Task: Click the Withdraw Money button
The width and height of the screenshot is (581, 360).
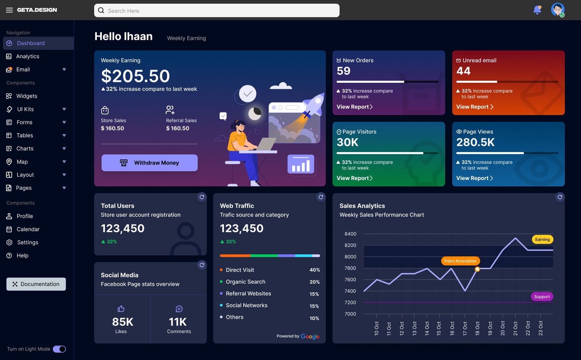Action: tap(149, 163)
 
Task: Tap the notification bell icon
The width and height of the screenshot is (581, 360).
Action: tap(537, 10)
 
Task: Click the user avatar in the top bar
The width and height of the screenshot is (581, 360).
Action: tap(558, 10)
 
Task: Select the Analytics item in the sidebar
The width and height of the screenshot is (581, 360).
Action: tap(27, 57)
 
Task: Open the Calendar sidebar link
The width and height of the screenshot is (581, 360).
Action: tap(28, 229)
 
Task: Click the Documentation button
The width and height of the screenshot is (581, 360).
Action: tap(36, 284)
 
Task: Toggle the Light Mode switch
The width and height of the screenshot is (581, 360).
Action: tap(59, 349)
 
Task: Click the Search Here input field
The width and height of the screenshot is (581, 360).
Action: tap(217, 10)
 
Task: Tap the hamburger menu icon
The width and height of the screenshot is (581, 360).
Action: tap(9, 10)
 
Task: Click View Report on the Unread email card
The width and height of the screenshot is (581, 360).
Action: tap(474, 107)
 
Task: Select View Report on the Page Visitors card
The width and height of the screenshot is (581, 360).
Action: tap(354, 178)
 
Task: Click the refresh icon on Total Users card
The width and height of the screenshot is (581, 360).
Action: tap(202, 197)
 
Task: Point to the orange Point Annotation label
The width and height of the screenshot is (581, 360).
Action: tap(460, 261)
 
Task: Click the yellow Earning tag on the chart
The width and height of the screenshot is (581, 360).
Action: tap(542, 239)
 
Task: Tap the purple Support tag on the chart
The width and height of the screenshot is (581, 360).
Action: tap(542, 297)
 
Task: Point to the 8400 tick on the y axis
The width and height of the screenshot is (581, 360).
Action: tap(350, 234)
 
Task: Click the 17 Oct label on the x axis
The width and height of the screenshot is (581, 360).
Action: tap(465, 329)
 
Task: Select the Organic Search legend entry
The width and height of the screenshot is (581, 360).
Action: tap(245, 282)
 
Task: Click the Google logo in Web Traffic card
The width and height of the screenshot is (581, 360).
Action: tap(310, 336)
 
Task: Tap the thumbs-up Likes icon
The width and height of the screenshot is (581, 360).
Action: tap(121, 309)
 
